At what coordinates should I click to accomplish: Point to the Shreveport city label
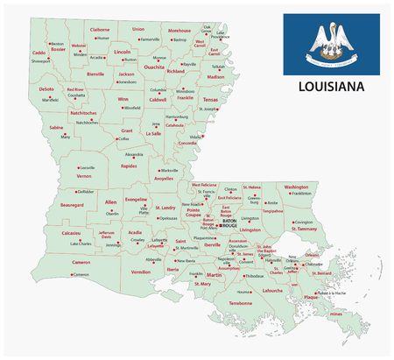click(41, 62)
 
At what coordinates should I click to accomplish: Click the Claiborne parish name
click(100, 29)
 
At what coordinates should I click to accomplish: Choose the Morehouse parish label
click(179, 30)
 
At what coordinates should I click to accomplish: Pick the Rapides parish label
click(130, 164)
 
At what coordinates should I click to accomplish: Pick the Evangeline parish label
click(136, 200)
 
